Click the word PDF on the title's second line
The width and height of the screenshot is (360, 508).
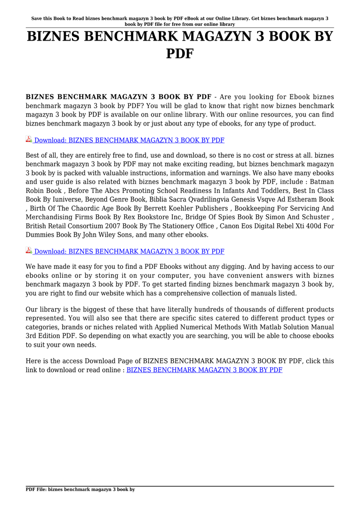(x=180, y=53)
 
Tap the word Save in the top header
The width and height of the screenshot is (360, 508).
(x=38, y=18)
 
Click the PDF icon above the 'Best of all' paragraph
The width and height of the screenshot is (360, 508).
(x=29, y=140)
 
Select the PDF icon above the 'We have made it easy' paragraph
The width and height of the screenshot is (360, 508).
(x=29, y=251)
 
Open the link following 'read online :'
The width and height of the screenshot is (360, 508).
(x=205, y=370)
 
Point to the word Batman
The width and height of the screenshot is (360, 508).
(x=322, y=182)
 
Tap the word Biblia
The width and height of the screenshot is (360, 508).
(x=164, y=200)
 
